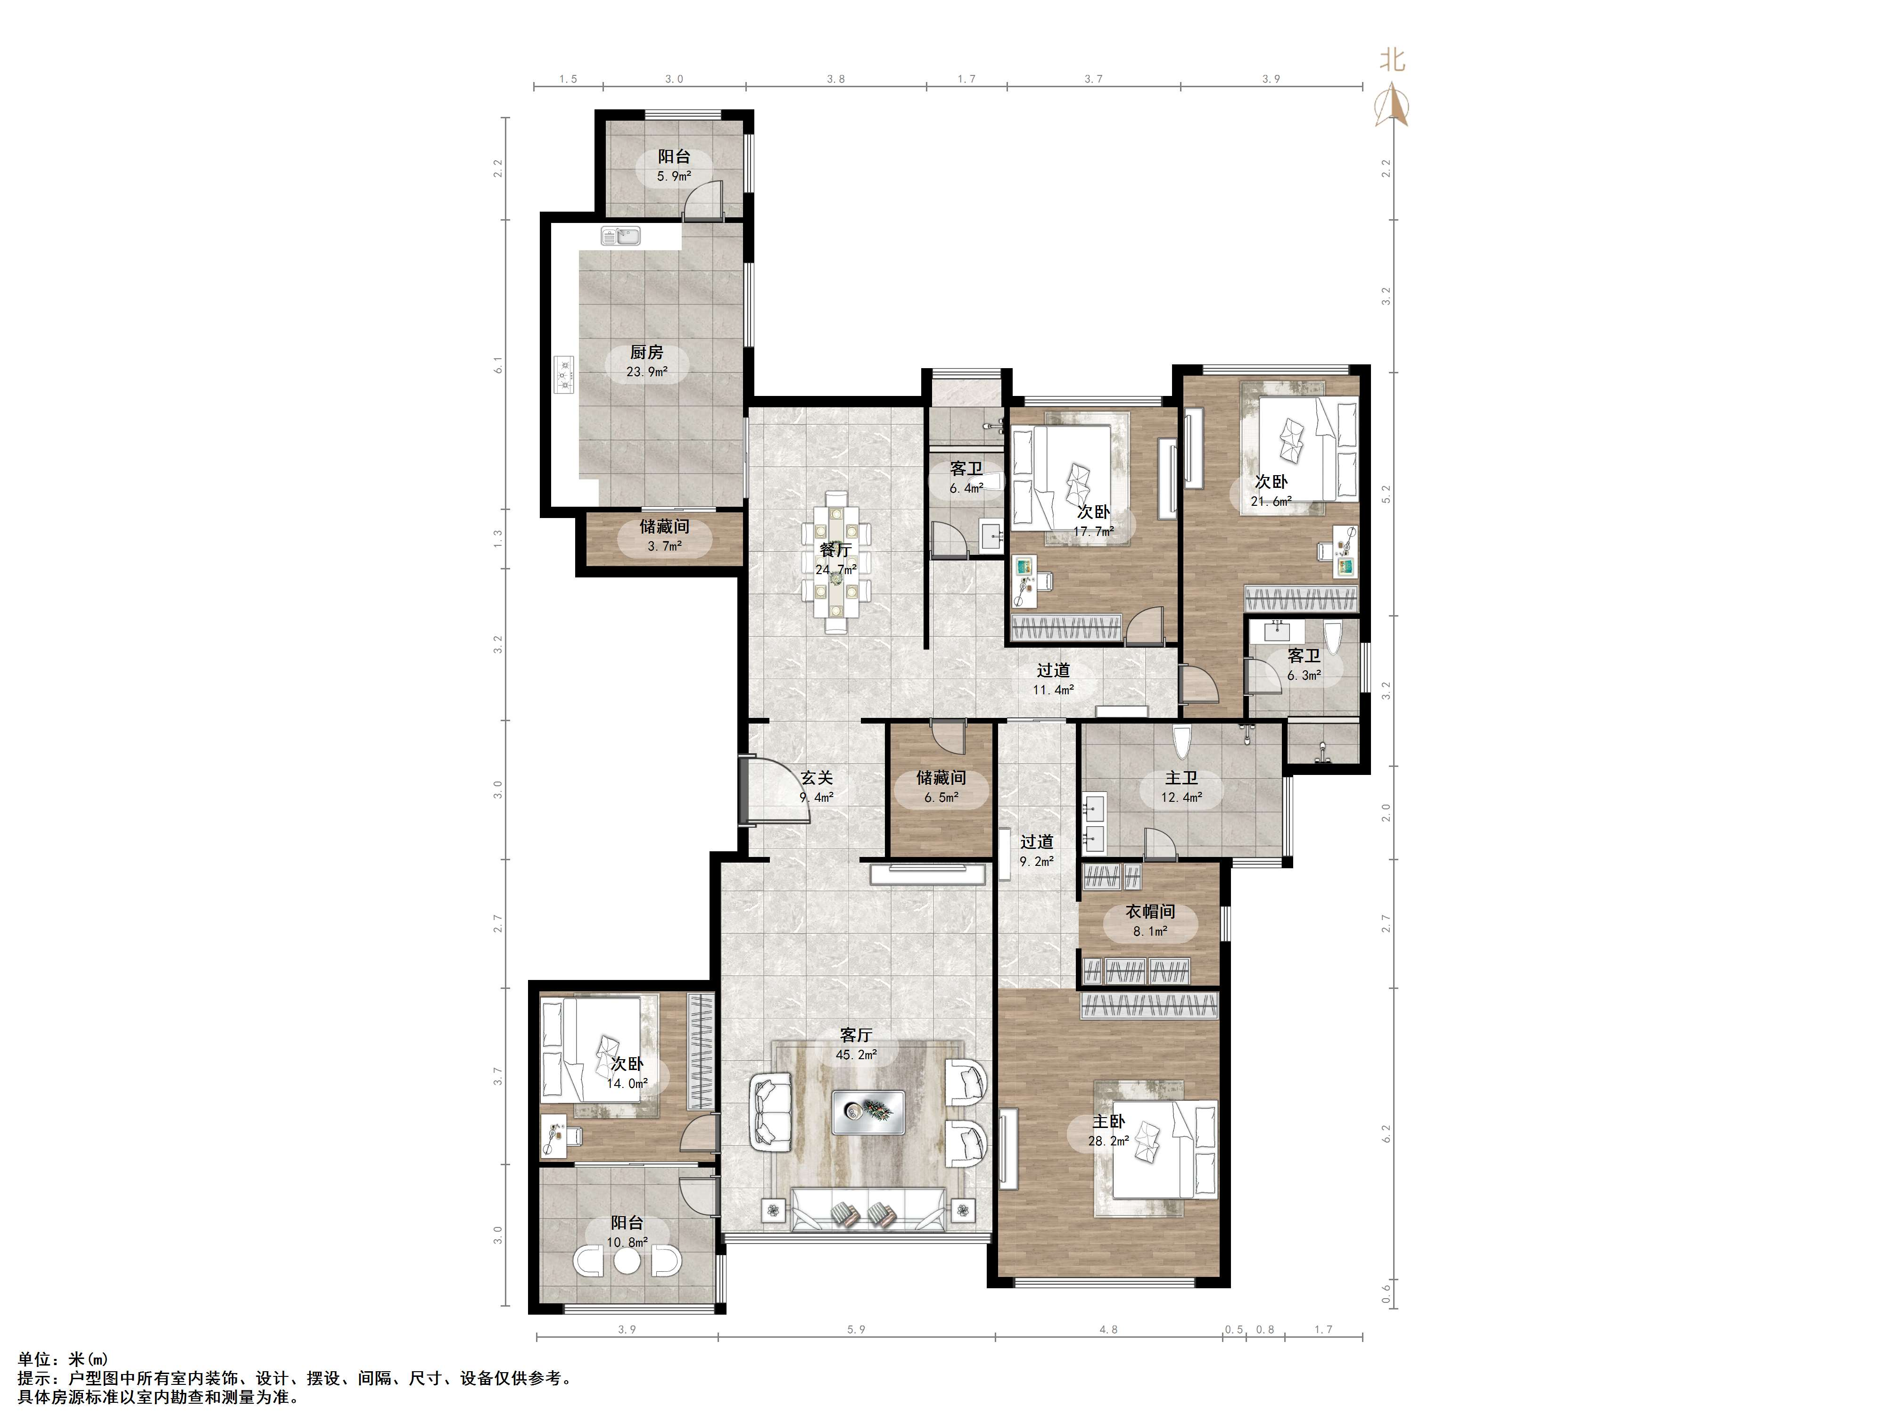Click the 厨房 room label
coord(646,352)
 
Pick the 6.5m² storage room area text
coord(941,798)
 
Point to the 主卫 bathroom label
coord(1181,778)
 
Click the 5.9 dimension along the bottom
coord(856,1330)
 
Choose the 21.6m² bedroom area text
coord(1271,501)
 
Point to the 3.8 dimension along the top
coord(835,79)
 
